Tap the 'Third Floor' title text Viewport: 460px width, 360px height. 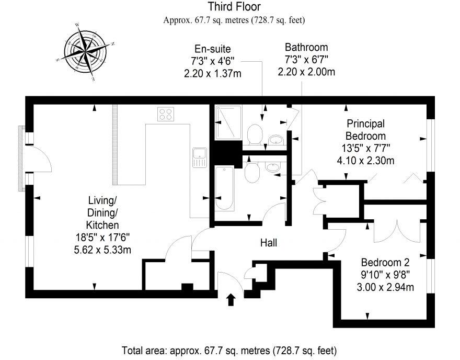pos(234,7)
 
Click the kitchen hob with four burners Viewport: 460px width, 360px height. pos(166,114)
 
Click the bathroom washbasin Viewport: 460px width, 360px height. pos(273,167)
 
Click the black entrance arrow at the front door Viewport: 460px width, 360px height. pos(231,299)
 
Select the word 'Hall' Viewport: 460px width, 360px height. pos(269,243)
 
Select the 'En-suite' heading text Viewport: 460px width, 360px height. pos(212,49)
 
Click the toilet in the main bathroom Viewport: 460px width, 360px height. pos(252,171)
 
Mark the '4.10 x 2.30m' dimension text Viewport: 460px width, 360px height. pos(366,161)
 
